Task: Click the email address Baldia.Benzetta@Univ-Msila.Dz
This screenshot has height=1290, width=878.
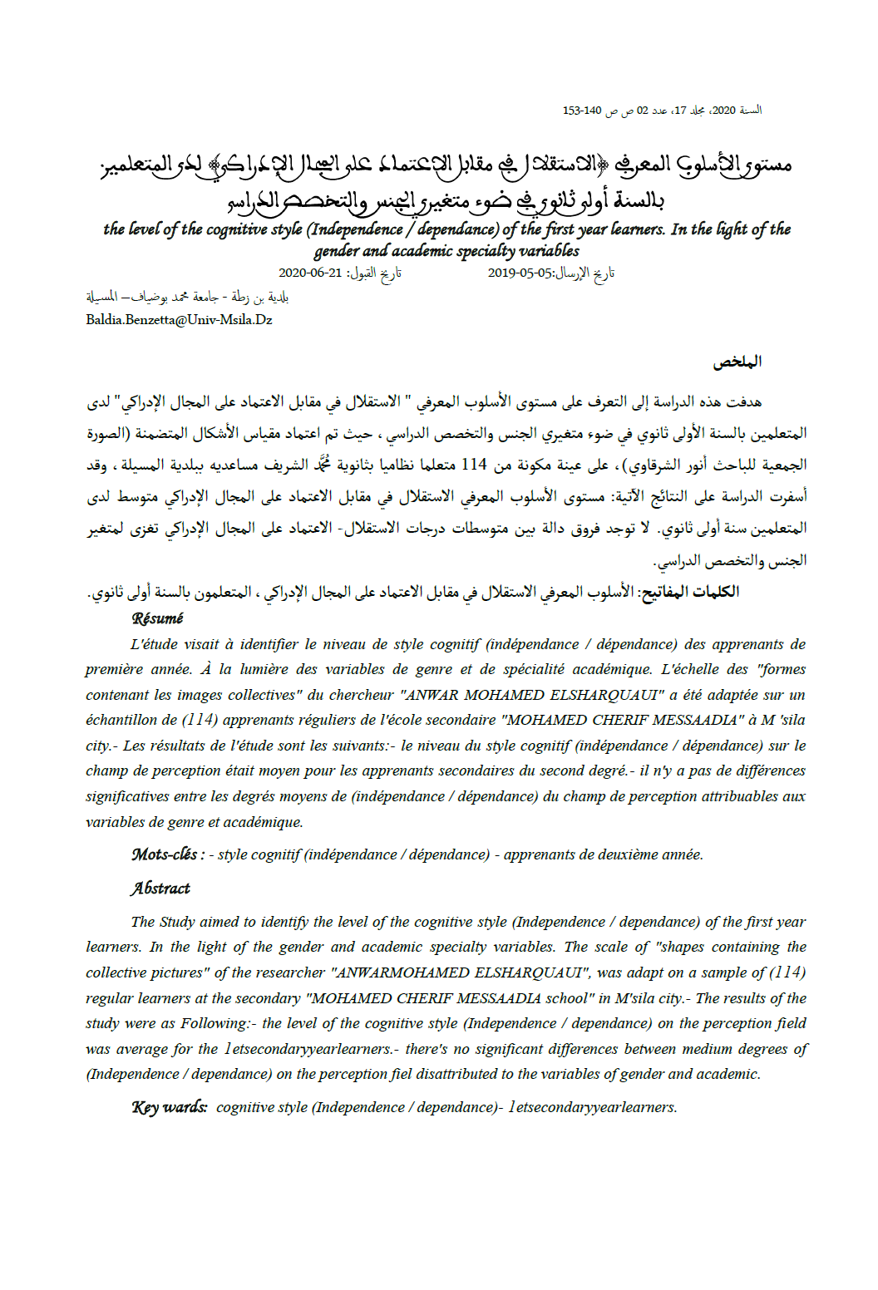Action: (x=179, y=320)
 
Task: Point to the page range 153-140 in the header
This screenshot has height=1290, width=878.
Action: (x=582, y=111)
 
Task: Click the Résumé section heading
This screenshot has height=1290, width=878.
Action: (x=157, y=618)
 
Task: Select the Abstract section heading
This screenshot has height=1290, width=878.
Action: (x=160, y=889)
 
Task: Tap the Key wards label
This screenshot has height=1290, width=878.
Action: (x=170, y=1107)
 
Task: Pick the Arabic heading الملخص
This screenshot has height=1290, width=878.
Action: (x=737, y=362)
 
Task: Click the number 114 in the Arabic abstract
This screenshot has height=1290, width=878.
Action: (x=474, y=465)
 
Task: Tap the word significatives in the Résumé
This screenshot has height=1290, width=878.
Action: (x=126, y=796)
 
